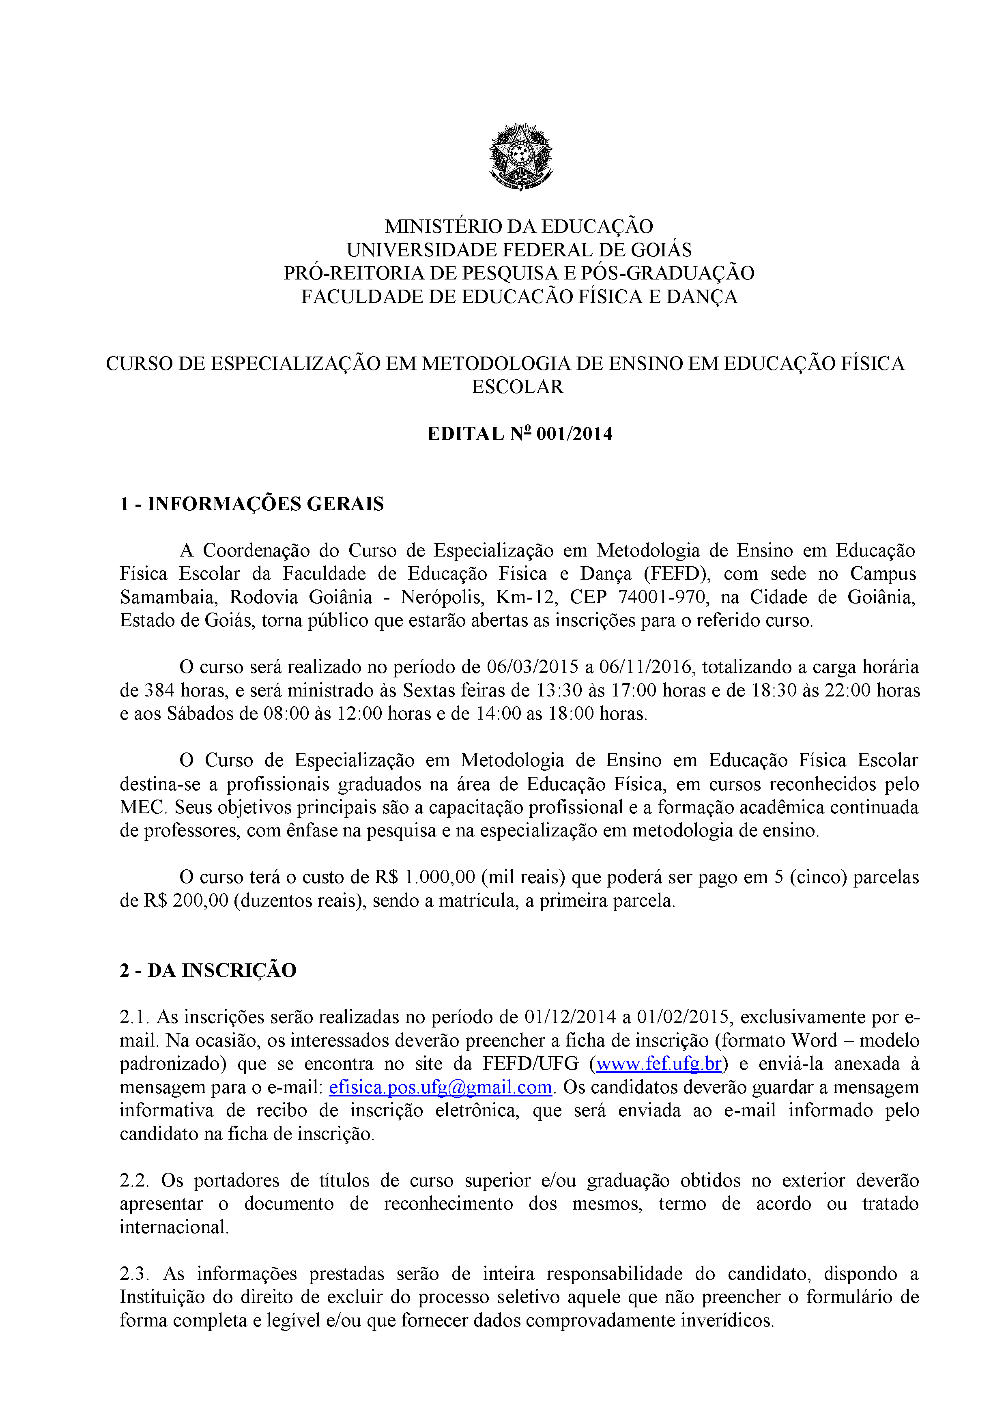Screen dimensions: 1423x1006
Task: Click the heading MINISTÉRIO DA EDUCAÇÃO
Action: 519,226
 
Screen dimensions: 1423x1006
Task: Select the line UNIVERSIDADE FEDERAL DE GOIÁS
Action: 519,250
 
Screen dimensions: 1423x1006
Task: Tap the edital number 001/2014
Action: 574,434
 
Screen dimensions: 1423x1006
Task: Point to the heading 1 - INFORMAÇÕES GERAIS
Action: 251,504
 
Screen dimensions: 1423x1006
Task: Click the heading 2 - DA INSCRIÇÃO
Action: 208,970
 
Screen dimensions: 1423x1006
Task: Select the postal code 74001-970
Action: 661,597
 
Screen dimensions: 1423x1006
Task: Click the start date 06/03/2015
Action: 533,667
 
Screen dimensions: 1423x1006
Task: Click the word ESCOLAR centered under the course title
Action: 518,387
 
